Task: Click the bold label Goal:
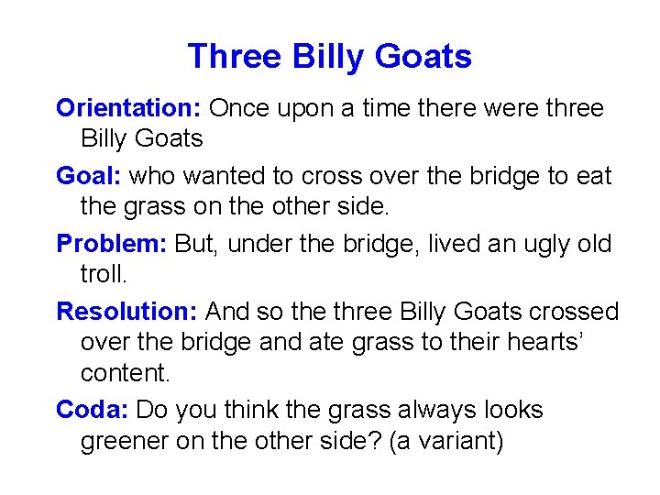pos(90,176)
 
